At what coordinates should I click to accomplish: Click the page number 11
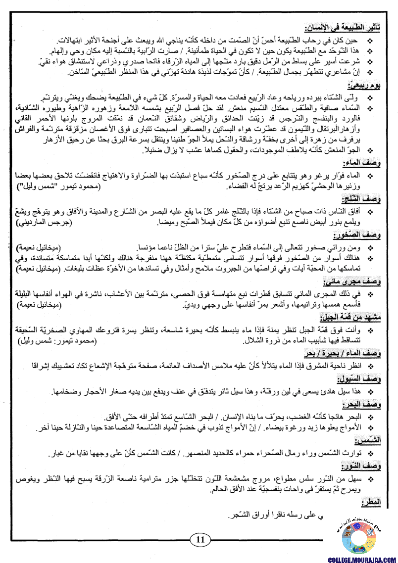point(200,539)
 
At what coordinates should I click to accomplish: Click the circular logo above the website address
point(359,536)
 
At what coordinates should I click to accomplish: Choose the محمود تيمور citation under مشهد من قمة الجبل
point(57,341)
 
